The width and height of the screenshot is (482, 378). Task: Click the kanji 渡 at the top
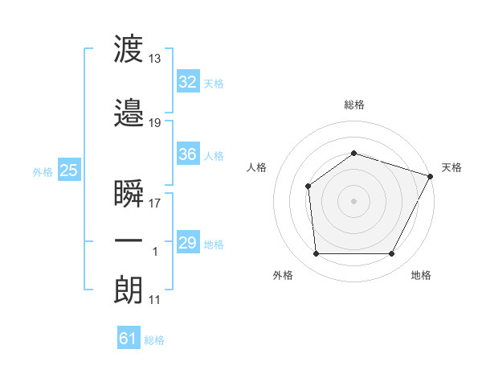point(129,48)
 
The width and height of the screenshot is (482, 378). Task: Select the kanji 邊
point(129,113)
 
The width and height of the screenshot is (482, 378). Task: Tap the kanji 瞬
point(129,193)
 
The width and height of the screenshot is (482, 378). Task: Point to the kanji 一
point(129,240)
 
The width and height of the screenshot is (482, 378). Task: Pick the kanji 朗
point(129,290)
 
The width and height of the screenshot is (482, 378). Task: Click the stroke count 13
point(154,59)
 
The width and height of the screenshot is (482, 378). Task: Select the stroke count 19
point(154,123)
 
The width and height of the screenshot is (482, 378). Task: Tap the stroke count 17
point(154,203)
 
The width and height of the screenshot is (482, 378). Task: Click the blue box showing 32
point(188,81)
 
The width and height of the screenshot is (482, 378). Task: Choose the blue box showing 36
point(188,154)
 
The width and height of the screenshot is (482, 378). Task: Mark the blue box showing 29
point(188,241)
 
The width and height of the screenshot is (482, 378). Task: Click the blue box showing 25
point(69,170)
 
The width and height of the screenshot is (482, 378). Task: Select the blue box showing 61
point(129,337)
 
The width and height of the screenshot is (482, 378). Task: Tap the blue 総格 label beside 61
point(154,340)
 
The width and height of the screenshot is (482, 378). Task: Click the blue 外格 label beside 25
point(43,172)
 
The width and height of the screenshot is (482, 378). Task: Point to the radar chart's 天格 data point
point(431,176)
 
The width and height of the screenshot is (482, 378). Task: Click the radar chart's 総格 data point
point(353,153)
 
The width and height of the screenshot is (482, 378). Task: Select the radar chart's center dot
point(353,201)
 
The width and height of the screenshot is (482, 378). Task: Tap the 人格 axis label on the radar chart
point(256,167)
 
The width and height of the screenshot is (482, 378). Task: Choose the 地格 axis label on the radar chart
point(421,275)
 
